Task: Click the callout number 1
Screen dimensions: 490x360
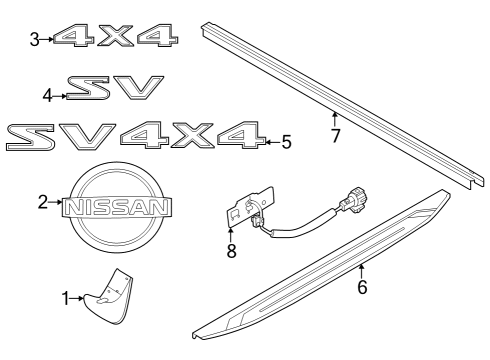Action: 66,298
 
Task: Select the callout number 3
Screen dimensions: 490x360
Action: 35,39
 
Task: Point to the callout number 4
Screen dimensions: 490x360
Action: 47,96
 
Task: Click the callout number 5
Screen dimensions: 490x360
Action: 286,143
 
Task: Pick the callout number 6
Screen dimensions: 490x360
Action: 363,288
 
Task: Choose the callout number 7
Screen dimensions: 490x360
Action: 336,135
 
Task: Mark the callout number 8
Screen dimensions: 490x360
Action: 232,251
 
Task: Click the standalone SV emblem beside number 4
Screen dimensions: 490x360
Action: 112,91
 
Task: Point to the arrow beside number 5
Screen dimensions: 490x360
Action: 270,143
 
